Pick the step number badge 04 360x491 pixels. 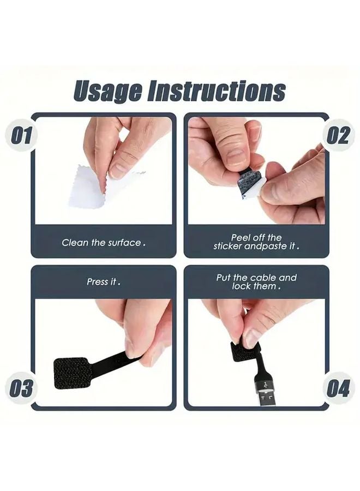338,388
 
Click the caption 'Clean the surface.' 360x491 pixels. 104,242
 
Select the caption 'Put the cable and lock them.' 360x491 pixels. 256,282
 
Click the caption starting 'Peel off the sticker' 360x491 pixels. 256,242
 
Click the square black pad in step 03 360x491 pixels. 71,373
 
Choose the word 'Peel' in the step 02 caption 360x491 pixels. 241,238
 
